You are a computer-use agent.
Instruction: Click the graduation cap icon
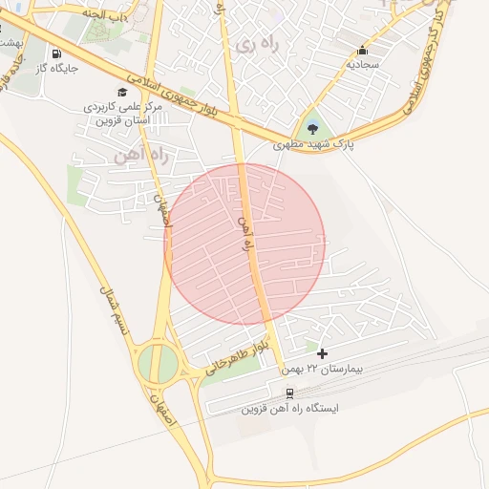click(122, 91)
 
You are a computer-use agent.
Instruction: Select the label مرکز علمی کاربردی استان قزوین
click(122, 112)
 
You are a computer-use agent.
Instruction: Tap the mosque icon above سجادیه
click(362, 51)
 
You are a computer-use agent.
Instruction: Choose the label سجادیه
click(363, 65)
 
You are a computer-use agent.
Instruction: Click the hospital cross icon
click(322, 353)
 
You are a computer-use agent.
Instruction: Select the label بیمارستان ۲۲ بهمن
click(321, 369)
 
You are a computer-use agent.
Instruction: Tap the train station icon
click(289, 392)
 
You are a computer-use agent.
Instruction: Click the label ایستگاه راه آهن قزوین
click(289, 408)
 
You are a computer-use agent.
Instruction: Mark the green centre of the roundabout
click(158, 363)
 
